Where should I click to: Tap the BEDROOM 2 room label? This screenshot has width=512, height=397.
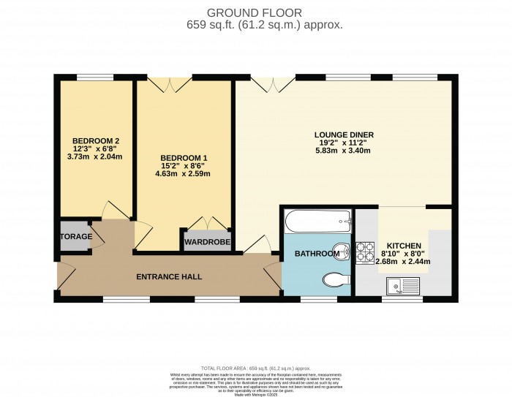click(96, 140)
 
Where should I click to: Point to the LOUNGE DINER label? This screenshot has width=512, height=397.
click(344, 135)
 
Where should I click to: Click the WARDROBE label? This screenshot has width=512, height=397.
click(207, 242)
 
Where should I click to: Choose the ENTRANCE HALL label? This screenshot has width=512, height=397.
click(169, 277)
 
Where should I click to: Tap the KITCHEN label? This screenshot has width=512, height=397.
click(402, 246)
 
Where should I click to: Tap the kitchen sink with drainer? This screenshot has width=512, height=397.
click(401, 285)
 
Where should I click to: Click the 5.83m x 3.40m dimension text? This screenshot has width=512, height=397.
click(343, 151)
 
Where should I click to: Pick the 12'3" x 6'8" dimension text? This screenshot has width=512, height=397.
click(96, 148)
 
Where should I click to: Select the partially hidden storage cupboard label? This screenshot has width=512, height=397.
click(77, 237)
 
